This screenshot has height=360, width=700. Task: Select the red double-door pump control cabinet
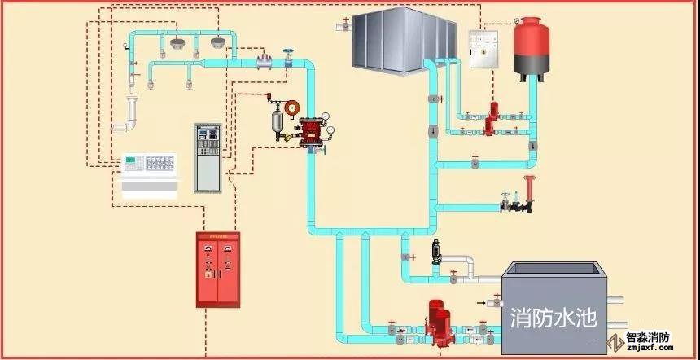[219, 269]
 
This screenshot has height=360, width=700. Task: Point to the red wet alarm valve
[312, 132]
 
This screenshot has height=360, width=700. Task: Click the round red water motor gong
[293, 107]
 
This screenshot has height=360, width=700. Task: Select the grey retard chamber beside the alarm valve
[277, 121]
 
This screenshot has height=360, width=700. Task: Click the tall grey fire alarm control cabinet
[208, 156]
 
